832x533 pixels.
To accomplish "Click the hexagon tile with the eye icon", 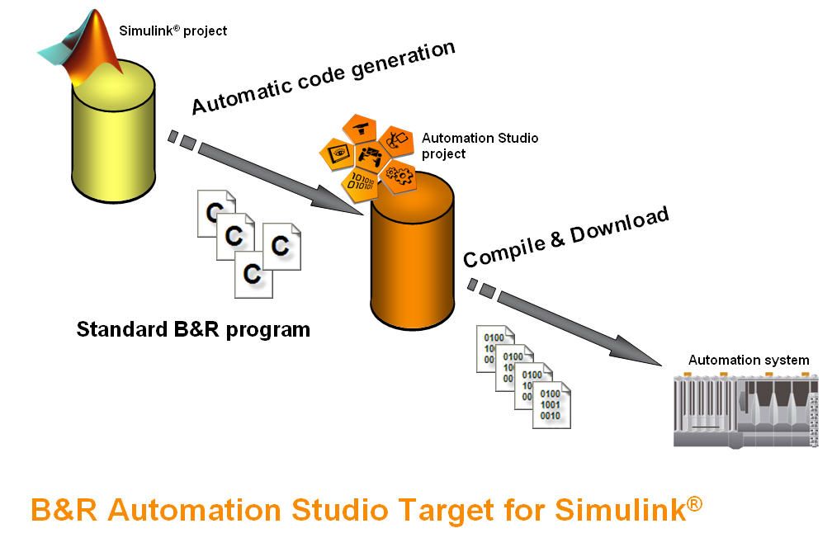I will pos(338,153).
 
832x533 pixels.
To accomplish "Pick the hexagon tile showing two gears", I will pos(399,174).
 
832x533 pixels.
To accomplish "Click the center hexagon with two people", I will pos(372,153).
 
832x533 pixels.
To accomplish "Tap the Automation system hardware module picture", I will pos(748,409).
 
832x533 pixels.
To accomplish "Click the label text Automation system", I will pos(748,360).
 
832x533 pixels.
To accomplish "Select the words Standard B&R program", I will pos(193,330).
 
